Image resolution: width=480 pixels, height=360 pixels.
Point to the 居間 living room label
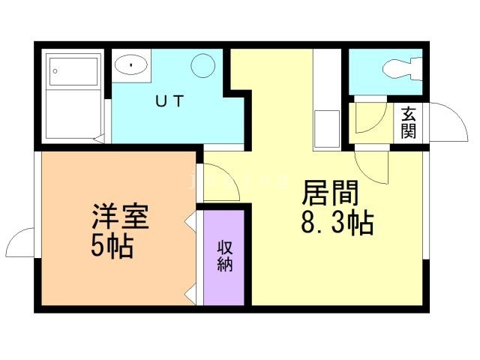pyautogui.click(x=330, y=193)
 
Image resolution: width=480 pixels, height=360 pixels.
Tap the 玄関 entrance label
pyautogui.click(x=409, y=123)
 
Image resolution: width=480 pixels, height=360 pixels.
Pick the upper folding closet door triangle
pyautogui.click(x=190, y=223)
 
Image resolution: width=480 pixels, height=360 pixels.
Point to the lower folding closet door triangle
pyautogui.click(x=190, y=292)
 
